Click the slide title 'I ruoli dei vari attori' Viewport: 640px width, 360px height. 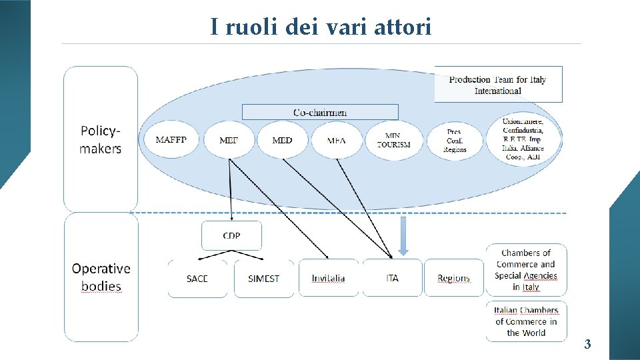321,27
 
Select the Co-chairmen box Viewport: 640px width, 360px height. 320,112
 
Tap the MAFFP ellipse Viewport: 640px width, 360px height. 171,140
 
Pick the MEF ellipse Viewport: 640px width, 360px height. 229,140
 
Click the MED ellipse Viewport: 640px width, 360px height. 283,140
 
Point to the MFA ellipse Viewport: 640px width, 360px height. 337,140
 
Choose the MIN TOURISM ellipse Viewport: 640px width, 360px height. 393,140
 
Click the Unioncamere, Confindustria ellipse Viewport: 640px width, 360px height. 523,139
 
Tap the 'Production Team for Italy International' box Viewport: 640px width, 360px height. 498,84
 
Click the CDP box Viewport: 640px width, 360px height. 231,236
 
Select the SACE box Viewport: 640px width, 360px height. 197,278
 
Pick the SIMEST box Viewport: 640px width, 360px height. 264,278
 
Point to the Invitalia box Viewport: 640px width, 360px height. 329,278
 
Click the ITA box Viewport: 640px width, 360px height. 392,278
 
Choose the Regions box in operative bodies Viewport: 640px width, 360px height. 453,278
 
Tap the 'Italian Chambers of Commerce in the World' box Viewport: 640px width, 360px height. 526,321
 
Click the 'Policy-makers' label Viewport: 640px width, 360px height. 101,139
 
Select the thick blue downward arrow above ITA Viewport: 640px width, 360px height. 403,236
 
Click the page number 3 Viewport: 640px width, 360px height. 587,345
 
